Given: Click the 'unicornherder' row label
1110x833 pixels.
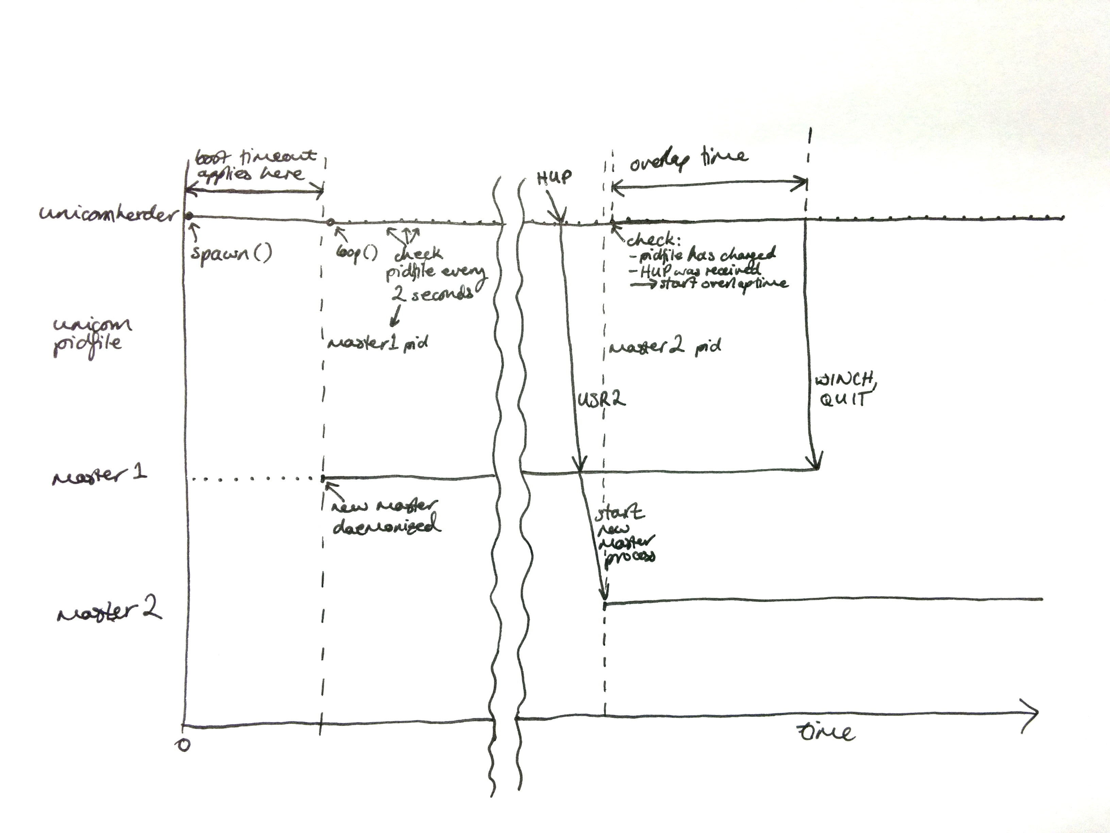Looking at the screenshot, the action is [x=108, y=214].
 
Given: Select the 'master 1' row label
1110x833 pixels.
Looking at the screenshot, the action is [x=99, y=476].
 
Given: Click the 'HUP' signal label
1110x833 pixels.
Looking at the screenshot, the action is [x=554, y=177].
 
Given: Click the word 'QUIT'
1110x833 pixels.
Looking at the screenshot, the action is [x=843, y=399].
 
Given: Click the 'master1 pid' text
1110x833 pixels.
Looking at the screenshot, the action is [x=378, y=343].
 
